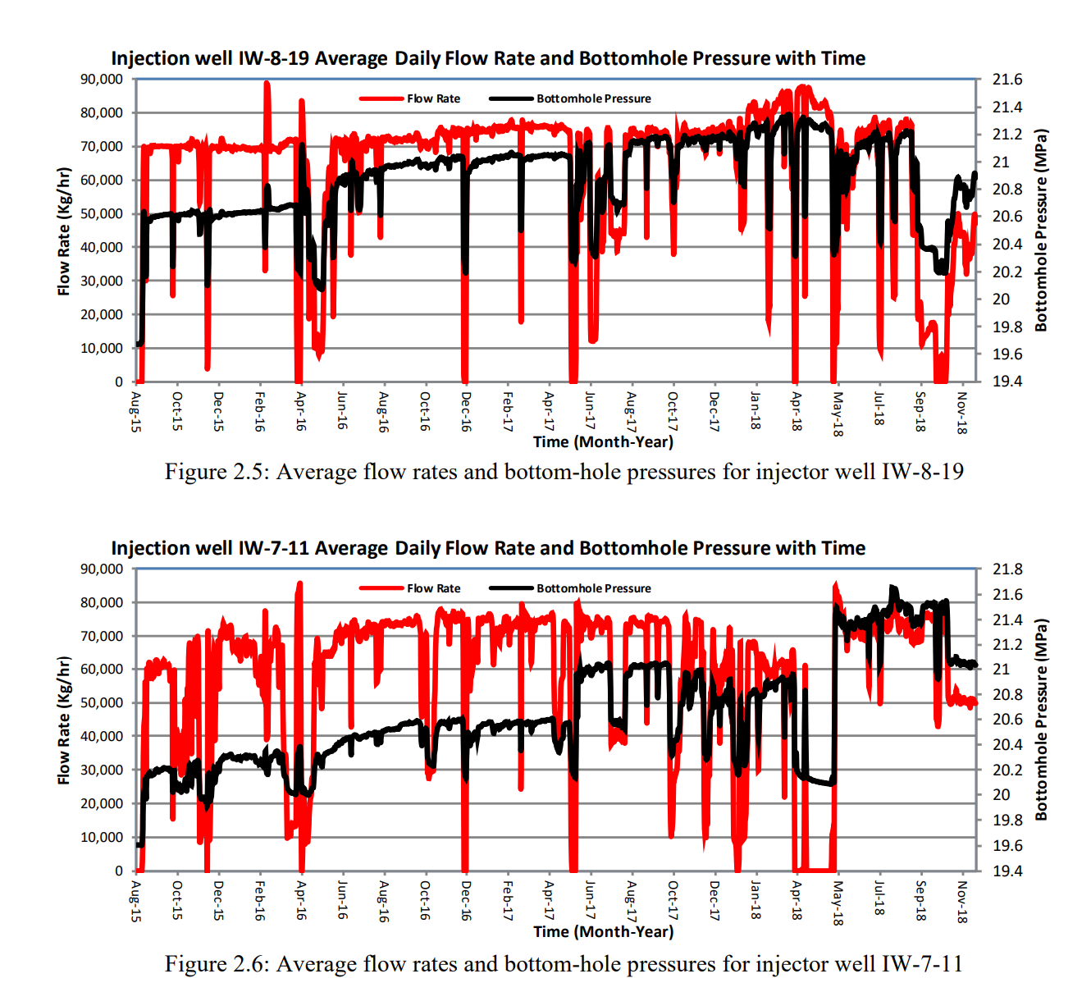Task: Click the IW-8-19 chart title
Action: (488, 58)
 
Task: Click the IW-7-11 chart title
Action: (488, 548)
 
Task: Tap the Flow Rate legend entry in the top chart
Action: (433, 98)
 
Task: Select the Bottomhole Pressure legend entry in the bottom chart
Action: (593, 588)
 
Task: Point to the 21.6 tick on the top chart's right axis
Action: (1007, 80)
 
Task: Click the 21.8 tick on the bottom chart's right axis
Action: (1007, 569)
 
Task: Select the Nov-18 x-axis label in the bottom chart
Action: (962, 902)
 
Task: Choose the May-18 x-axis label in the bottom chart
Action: (838, 903)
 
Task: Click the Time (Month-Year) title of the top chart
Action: (603, 441)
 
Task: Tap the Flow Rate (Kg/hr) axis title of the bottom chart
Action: (64, 720)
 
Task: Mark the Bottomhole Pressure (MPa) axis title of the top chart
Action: (1041, 230)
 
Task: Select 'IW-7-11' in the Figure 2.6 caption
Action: (922, 963)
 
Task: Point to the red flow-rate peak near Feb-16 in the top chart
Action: (267, 84)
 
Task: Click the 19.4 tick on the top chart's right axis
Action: (1007, 382)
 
